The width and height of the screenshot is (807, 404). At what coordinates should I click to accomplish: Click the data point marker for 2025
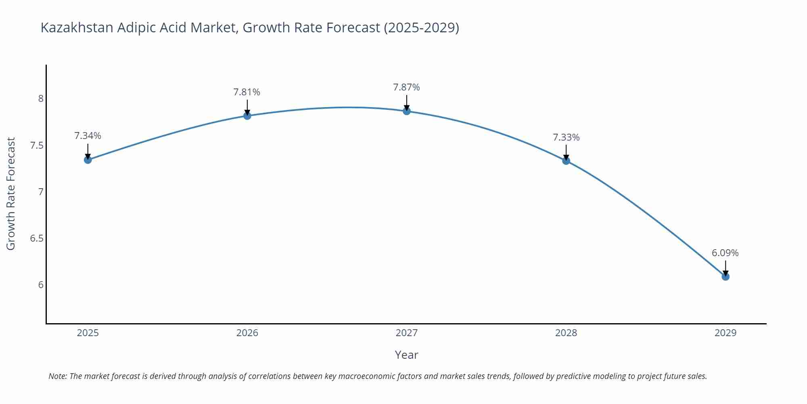click(88, 160)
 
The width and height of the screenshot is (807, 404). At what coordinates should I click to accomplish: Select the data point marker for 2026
click(247, 116)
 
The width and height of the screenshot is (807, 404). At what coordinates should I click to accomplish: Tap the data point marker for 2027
click(407, 111)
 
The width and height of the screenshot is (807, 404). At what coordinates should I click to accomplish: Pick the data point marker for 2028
click(566, 161)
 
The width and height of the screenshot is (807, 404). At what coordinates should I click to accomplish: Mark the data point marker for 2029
click(725, 276)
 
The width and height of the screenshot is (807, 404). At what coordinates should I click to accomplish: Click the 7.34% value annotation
click(88, 136)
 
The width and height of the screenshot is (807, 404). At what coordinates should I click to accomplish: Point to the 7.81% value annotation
click(247, 92)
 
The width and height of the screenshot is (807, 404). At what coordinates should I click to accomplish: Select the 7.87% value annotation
click(406, 87)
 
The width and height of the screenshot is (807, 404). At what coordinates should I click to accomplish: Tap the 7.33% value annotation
click(566, 137)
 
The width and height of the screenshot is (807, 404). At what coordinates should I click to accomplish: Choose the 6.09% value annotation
click(725, 253)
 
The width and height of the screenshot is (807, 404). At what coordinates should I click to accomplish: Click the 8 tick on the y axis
click(41, 99)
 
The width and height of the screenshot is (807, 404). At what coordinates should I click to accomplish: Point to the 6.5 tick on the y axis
click(37, 238)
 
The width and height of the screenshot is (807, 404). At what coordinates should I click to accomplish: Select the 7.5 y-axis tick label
click(37, 145)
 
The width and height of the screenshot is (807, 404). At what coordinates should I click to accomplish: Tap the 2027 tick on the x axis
click(407, 333)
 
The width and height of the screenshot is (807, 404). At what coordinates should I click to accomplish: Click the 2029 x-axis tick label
click(725, 333)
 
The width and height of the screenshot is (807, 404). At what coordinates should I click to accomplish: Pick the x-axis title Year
click(406, 355)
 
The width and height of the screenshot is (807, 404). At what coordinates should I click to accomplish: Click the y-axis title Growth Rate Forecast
click(11, 194)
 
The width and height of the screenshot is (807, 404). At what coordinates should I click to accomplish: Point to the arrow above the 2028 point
click(566, 153)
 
